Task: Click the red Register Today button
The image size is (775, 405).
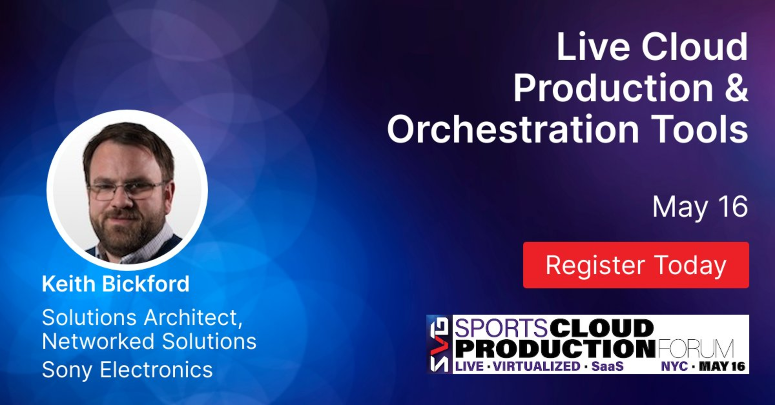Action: click(636, 265)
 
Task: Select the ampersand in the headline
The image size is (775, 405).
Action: click(737, 87)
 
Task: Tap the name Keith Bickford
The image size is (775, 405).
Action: click(116, 283)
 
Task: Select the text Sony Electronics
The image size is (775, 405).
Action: click(127, 369)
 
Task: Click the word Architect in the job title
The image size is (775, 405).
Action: click(193, 318)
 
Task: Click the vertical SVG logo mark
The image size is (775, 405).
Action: click(439, 344)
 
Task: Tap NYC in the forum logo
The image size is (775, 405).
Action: click(674, 366)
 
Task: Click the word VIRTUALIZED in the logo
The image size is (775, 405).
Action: click(537, 366)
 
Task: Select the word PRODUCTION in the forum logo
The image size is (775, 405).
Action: click(555, 348)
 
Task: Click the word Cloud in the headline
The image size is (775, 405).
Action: click(694, 46)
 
